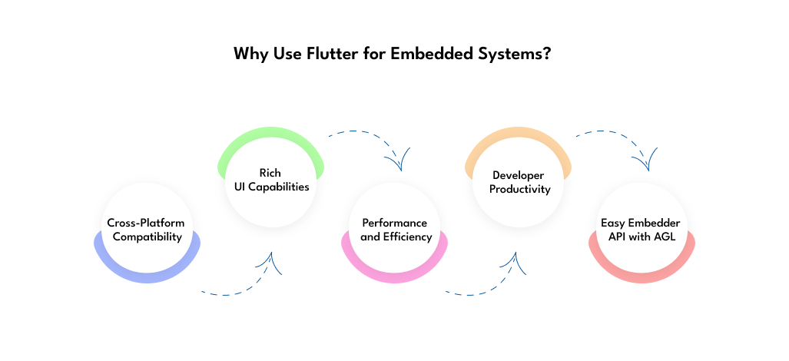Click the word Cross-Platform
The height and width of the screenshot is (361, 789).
tap(146, 223)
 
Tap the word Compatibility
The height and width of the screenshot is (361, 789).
tap(147, 237)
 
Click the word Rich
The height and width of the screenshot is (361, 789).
tap(270, 173)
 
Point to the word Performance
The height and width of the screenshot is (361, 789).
tap(395, 223)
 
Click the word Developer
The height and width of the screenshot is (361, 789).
tap(519, 175)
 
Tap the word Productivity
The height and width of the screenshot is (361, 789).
tap(520, 189)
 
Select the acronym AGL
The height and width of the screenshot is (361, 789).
tap(665, 237)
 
